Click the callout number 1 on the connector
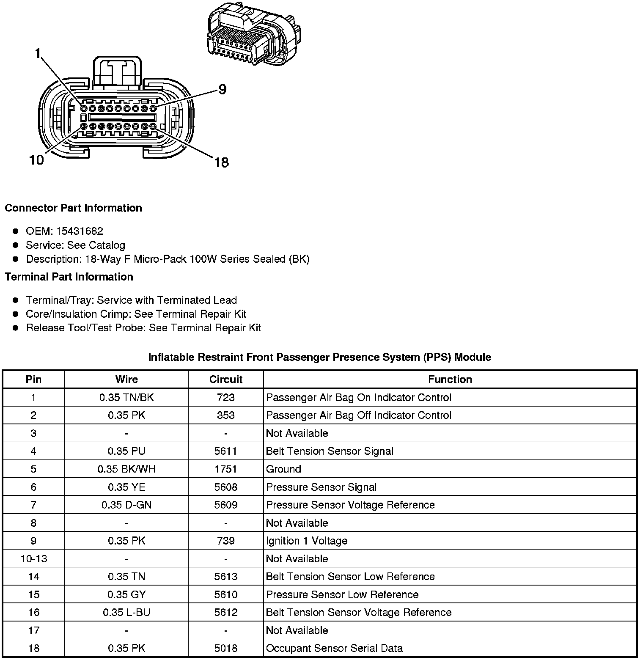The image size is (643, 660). pyautogui.click(x=38, y=53)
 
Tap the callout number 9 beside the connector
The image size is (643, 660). pyautogui.click(x=222, y=89)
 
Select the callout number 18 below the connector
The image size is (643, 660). pyautogui.click(x=221, y=162)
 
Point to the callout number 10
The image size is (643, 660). pyautogui.click(x=36, y=160)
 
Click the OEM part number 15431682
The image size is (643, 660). pyautogui.click(x=80, y=231)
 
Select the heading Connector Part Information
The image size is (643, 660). pyautogui.click(x=73, y=208)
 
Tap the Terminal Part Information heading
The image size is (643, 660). pyautogui.click(x=69, y=277)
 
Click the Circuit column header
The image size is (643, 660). pyautogui.click(x=225, y=379)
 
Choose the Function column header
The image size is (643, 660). pyautogui.click(x=450, y=379)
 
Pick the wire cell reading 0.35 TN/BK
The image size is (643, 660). pyautogui.click(x=126, y=397)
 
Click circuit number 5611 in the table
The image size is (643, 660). pyautogui.click(x=225, y=451)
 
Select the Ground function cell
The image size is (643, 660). pyautogui.click(x=283, y=469)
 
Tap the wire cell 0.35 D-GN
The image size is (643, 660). pyautogui.click(x=126, y=505)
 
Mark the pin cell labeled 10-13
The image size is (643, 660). pyautogui.click(x=34, y=558)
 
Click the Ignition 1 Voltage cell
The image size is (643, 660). pyautogui.click(x=307, y=541)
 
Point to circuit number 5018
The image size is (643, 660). pyautogui.click(x=225, y=648)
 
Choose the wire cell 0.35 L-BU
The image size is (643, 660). pyautogui.click(x=126, y=612)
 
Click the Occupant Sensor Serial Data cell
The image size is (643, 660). pyautogui.click(x=334, y=648)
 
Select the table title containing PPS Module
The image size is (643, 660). pyautogui.click(x=319, y=357)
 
